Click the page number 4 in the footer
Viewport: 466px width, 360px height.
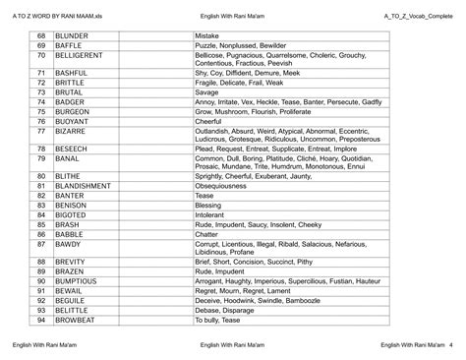tap(451, 345)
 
